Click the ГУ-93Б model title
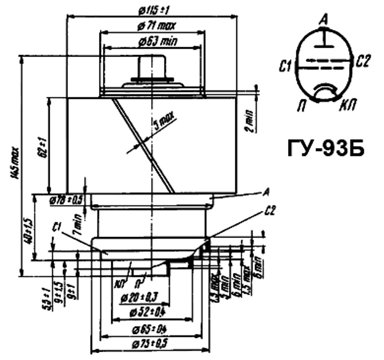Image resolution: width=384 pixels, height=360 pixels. pyautogui.click(x=326, y=147)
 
